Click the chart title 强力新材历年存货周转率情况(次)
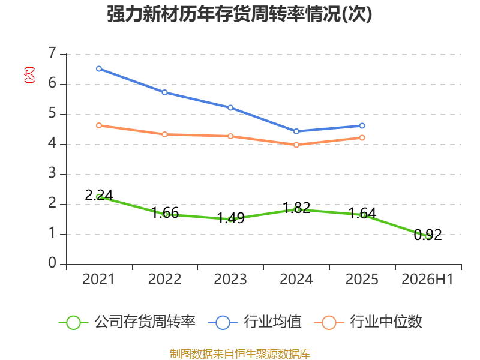239,14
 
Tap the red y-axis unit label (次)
29,75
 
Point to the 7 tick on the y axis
52,53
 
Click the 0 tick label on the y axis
52,263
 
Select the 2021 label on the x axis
98,280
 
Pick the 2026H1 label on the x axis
427,280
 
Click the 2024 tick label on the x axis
296,280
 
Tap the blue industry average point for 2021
99,69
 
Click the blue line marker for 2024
296,131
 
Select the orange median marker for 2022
164,134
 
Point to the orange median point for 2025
362,138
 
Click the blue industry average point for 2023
230,108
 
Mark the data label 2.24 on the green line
99,196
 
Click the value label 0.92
428,235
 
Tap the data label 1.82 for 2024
296,208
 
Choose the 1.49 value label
231,218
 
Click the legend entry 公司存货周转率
127,322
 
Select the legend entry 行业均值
254,322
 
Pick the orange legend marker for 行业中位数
329,323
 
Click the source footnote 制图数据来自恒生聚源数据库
239,354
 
